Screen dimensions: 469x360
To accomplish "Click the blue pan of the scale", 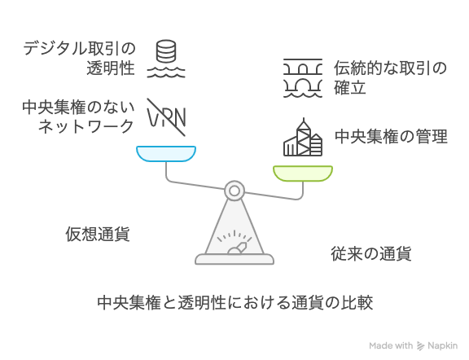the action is (166, 153).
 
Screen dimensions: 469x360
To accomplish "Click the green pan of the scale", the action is (303, 173).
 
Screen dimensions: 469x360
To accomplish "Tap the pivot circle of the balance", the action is (234, 191).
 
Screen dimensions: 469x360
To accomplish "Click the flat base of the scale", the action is (234, 259).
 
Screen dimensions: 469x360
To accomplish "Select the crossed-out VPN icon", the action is (167, 117).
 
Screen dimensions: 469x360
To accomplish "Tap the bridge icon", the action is (303, 78).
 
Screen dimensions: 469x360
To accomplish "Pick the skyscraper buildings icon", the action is (303, 137).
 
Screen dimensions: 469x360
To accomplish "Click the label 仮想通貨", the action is (98, 234).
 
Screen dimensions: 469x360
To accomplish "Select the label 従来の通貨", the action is (371, 253).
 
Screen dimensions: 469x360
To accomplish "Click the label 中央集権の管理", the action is (391, 137).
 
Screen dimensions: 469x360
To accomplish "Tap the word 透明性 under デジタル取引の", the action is (111, 68).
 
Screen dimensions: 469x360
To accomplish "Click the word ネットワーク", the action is (85, 126).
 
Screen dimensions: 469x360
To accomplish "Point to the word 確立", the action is (350, 88).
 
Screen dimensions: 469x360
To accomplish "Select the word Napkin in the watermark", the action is (443, 346).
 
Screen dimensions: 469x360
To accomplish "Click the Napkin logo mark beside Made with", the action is (421, 346).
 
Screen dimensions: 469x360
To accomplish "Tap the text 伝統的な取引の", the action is (390, 68).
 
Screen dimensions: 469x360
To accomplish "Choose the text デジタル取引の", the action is (79, 49).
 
